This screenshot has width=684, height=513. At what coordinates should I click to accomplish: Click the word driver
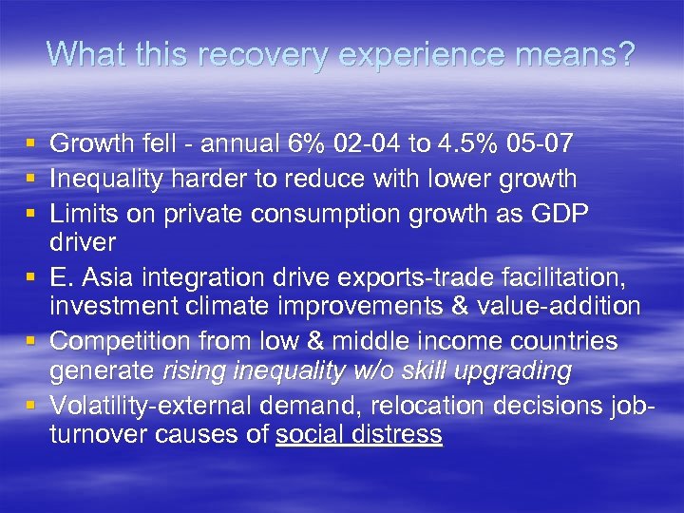82,241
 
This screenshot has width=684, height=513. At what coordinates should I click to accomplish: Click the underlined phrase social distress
359,435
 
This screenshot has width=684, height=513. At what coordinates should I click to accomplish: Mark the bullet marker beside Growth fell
30,145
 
